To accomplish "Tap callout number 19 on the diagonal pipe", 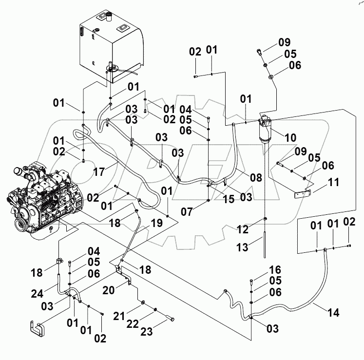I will click(156, 225).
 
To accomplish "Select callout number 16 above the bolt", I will click(275, 269).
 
